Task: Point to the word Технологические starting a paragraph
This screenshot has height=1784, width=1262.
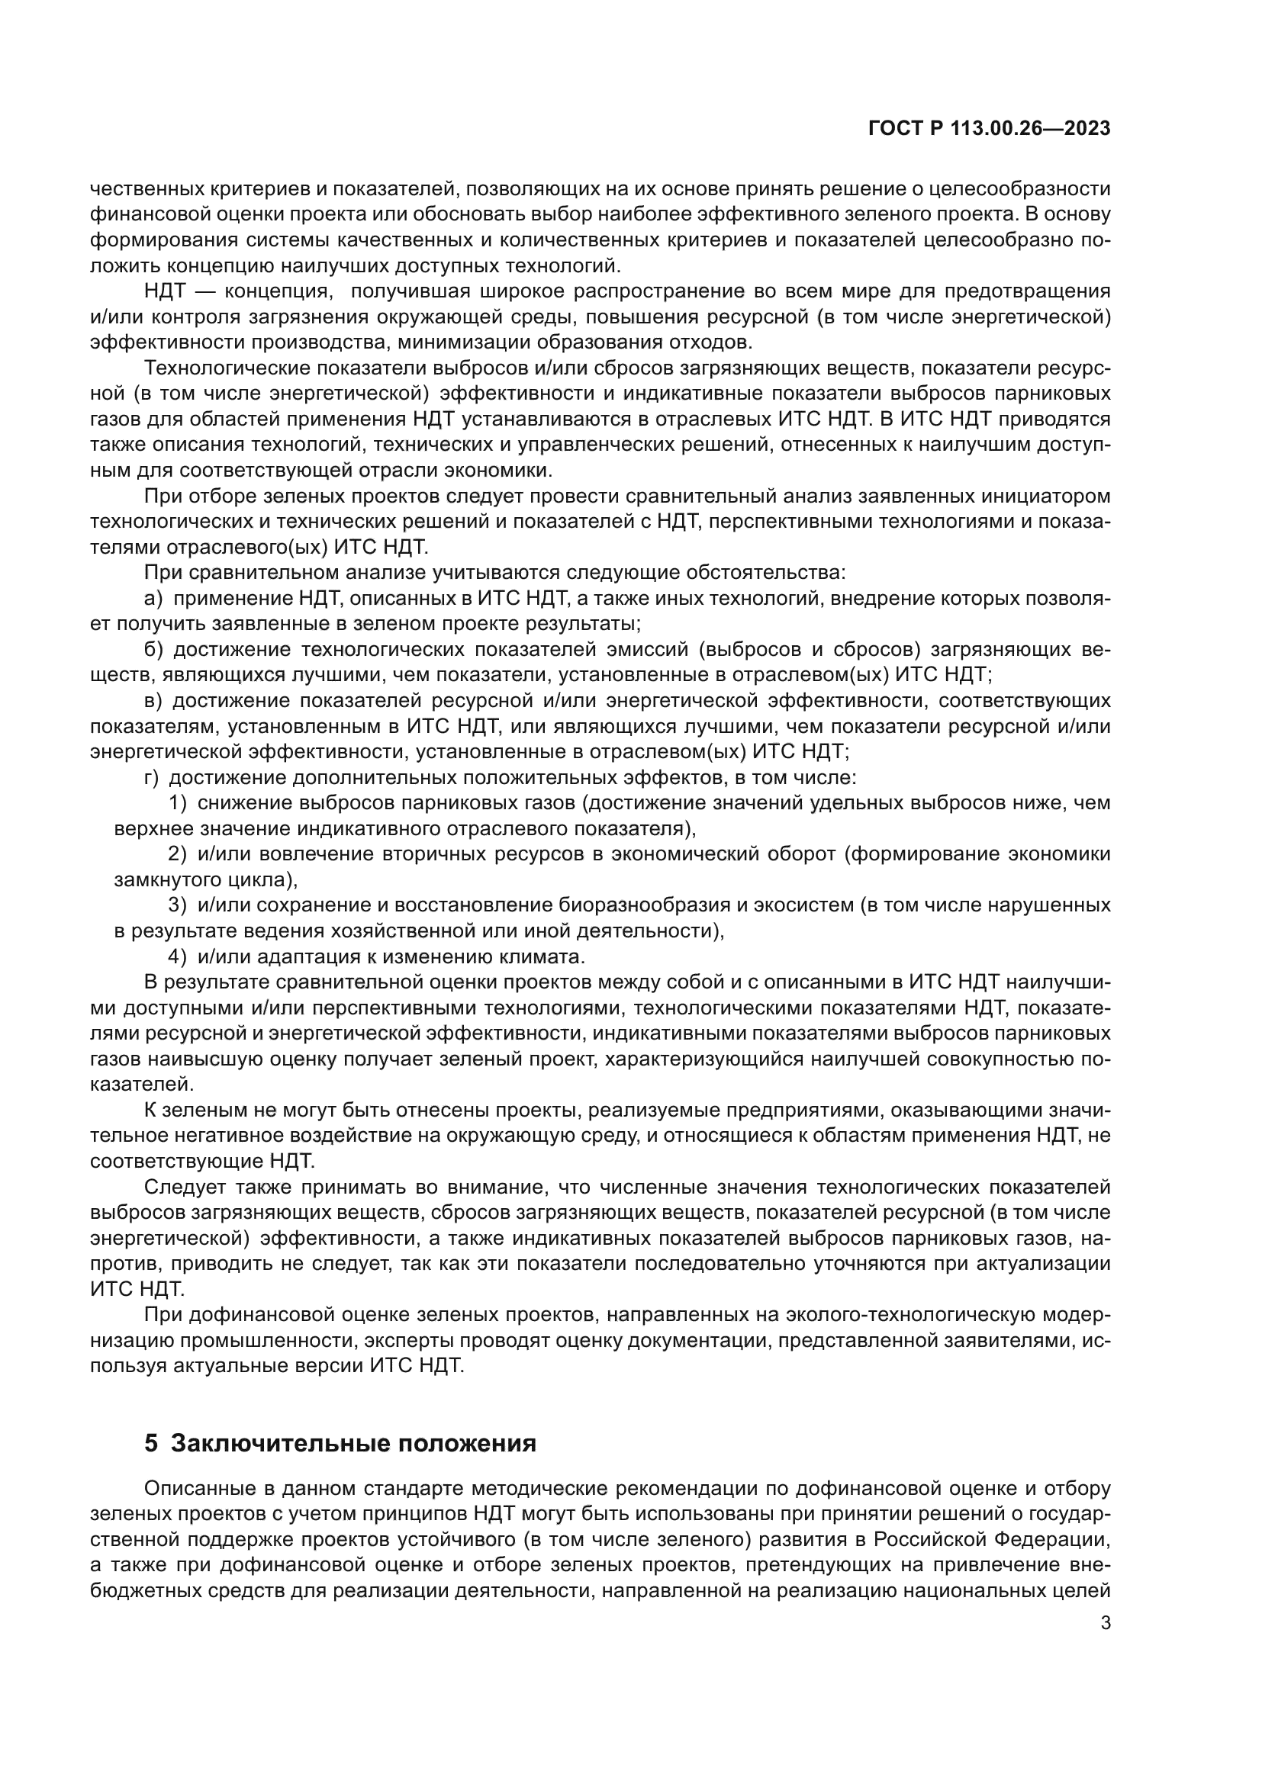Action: [227, 368]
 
